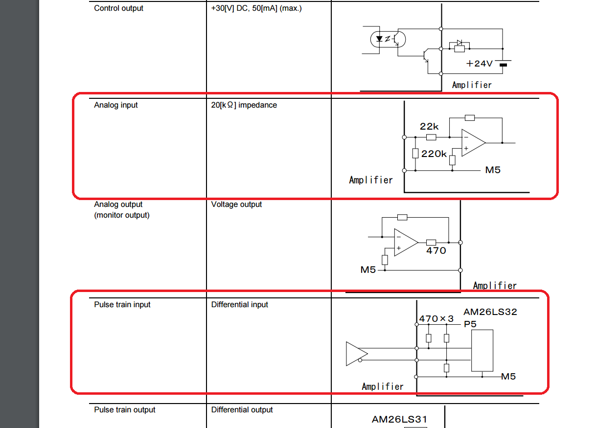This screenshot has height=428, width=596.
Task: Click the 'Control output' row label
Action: point(118,8)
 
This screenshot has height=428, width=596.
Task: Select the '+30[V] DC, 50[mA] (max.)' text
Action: point(256,8)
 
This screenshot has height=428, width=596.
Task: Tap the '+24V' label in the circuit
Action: point(479,64)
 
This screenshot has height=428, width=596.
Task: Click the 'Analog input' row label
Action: point(116,105)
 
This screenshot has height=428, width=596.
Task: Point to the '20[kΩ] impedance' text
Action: point(244,105)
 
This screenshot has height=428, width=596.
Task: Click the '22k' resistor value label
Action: point(429,126)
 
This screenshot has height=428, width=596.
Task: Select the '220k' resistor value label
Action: point(434,154)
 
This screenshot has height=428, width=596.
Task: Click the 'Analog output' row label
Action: point(118,204)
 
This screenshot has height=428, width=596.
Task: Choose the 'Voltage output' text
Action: point(236,204)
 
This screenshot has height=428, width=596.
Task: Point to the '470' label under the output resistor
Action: point(436,250)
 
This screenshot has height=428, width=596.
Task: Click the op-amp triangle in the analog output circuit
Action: point(406,242)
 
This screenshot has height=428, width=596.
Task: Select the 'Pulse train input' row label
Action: point(122,305)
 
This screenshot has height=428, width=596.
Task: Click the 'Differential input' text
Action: point(239,305)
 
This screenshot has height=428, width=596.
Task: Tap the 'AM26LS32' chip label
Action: point(490,312)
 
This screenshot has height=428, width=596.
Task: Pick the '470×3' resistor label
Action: point(436,318)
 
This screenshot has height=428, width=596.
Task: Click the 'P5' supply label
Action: point(470,324)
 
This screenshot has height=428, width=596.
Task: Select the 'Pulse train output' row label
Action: point(124,410)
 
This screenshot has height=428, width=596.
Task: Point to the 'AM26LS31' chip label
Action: point(399,420)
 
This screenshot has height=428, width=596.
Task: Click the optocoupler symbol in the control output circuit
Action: point(388,39)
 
